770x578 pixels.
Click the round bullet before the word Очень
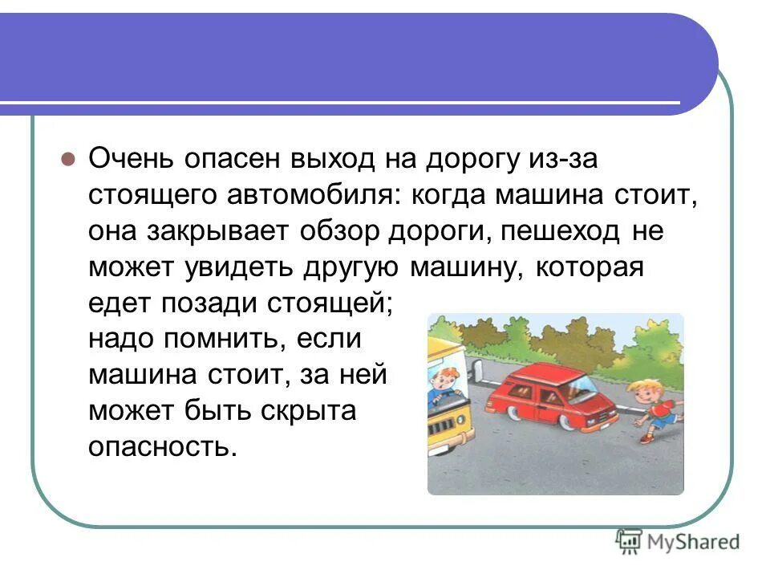coord(68,157)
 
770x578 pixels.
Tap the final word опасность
coord(163,446)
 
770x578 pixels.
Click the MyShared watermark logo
coord(677,541)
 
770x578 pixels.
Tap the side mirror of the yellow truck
coord(477,369)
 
